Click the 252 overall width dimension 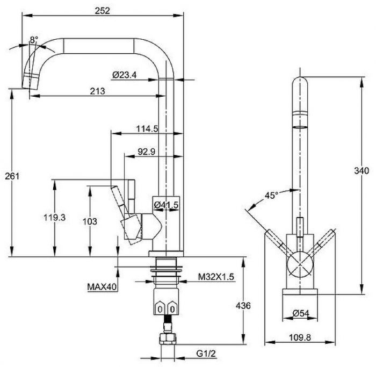click(103, 11)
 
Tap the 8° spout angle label click(34, 39)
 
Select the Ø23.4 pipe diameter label click(124, 75)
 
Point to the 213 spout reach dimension click(97, 91)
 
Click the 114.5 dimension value click(147, 129)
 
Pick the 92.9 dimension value click(146, 152)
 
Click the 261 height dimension click(12, 176)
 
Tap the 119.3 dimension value click(54, 217)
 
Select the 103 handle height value click(90, 221)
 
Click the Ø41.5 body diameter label click(166, 205)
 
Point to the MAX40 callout click(102, 286)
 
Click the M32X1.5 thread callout click(216, 277)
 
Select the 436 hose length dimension click(243, 306)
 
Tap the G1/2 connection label click(206, 354)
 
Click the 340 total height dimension click(361, 171)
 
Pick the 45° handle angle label click(271, 195)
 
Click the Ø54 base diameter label click(301, 313)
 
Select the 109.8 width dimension click(300, 337)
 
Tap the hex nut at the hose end click(168, 339)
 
